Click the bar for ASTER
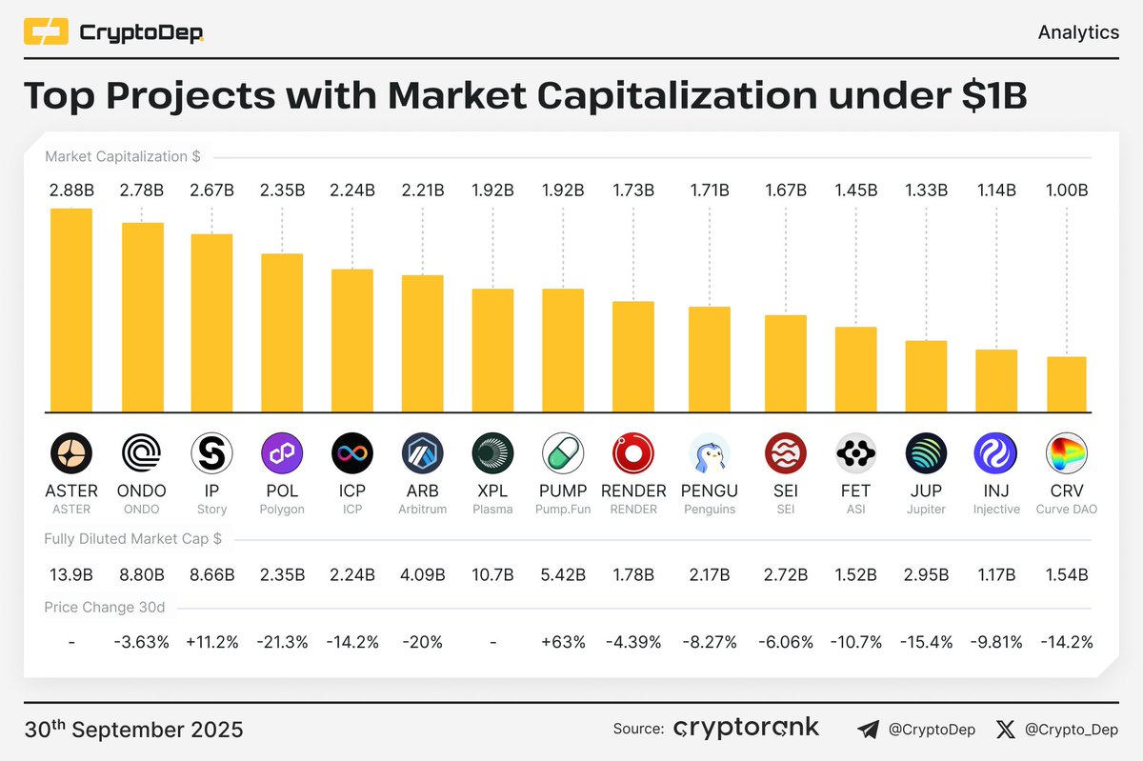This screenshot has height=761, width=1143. pos(71,310)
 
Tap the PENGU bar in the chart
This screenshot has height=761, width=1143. pos(710,359)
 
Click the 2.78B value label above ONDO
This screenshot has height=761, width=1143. pos(142,190)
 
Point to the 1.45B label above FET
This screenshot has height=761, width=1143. pos(855,190)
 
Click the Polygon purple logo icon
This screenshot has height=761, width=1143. pos(282,453)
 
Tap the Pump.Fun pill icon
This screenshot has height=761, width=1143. pos(563,453)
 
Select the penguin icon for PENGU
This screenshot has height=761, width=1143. pos(710,453)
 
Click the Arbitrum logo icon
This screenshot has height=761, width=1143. pos(423,453)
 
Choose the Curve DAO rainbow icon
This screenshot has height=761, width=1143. pos(1066,453)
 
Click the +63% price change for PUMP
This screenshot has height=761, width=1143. pos(563,642)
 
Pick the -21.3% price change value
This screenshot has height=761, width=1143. pos(282,642)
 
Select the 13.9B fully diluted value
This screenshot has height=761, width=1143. pos(71,574)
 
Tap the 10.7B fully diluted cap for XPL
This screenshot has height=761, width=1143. pos(492,574)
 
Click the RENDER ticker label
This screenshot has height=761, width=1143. pos(633,491)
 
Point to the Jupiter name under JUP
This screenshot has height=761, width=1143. pos(926,510)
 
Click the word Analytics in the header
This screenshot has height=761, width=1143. pos(1077,32)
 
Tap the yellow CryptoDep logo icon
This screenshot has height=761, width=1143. pos(45,33)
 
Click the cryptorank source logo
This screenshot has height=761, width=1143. pos(746,729)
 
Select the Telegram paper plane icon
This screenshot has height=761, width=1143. pos(868,730)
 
